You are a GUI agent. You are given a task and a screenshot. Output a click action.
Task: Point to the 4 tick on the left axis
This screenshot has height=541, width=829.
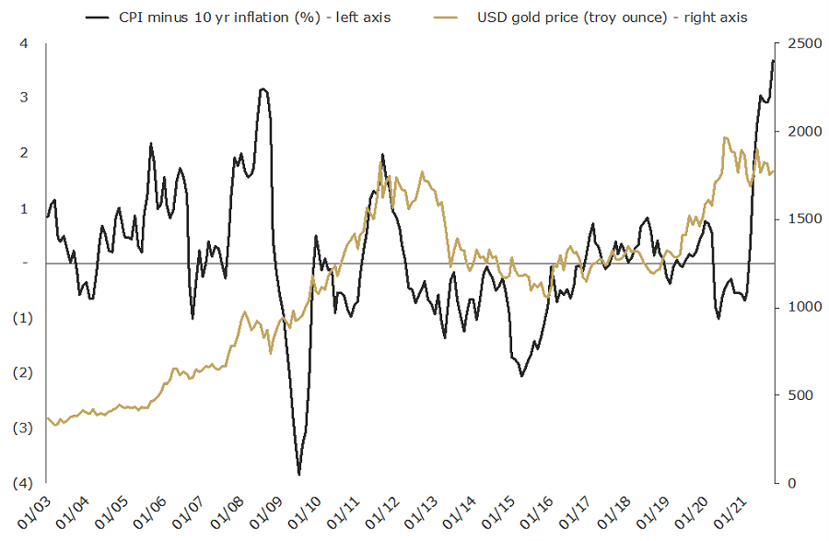click(24, 43)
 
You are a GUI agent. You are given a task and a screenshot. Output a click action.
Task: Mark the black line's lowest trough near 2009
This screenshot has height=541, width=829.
click(298, 474)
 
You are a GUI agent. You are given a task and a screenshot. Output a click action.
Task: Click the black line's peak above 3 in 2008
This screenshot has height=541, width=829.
click(263, 88)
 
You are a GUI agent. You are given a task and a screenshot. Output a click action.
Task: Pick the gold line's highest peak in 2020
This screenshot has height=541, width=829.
click(726, 137)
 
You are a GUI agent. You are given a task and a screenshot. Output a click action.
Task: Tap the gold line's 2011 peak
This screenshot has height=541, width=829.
click(380, 162)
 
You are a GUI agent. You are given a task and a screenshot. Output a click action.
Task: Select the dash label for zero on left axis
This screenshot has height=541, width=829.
click(26, 264)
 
